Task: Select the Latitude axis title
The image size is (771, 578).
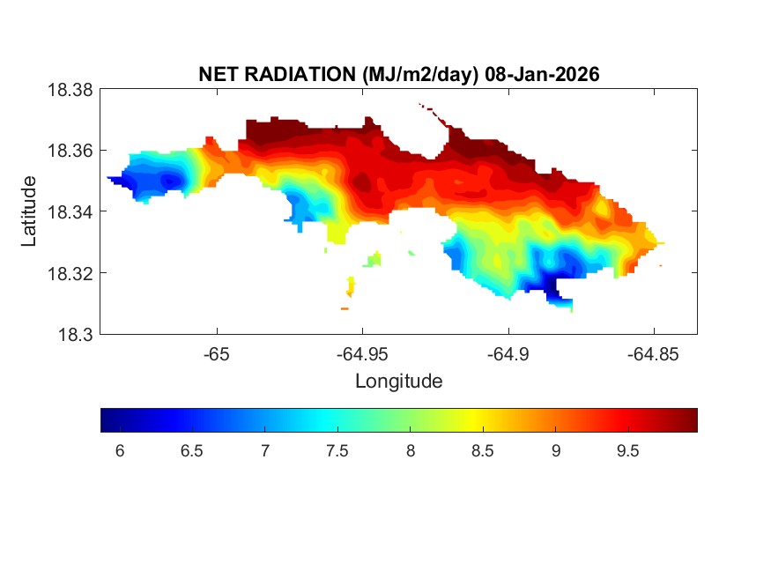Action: [29, 211]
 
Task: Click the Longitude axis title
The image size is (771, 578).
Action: [398, 382]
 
